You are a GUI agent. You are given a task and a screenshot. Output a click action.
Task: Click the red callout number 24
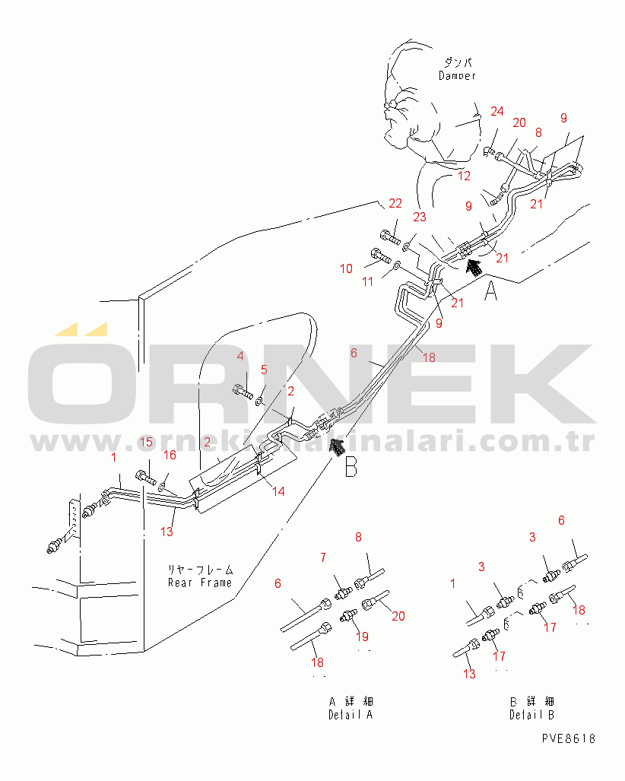coord(497,112)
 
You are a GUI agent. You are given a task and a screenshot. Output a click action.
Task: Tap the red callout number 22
coord(395,203)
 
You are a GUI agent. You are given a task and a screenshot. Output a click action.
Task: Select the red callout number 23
coord(419,217)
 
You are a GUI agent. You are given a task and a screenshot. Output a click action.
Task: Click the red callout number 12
coord(464,176)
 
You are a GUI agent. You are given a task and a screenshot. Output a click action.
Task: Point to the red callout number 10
coord(346,268)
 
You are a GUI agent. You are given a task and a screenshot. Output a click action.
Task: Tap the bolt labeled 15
coord(144,478)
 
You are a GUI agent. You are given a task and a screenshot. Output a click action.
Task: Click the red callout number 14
coord(278,491)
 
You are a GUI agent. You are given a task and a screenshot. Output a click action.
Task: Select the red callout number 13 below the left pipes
coord(167,531)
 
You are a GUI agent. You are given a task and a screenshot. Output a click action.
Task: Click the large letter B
coord(351,466)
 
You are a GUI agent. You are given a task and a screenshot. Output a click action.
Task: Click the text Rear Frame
coord(200,583)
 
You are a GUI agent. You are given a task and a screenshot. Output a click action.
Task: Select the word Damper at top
coord(457,75)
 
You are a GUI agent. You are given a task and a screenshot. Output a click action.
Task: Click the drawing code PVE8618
coord(569,738)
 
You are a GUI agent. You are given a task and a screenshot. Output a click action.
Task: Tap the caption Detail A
coord(351,715)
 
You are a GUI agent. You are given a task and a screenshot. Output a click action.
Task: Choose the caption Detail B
coord(531,715)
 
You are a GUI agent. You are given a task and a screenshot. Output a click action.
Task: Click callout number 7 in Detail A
coord(322,559)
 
